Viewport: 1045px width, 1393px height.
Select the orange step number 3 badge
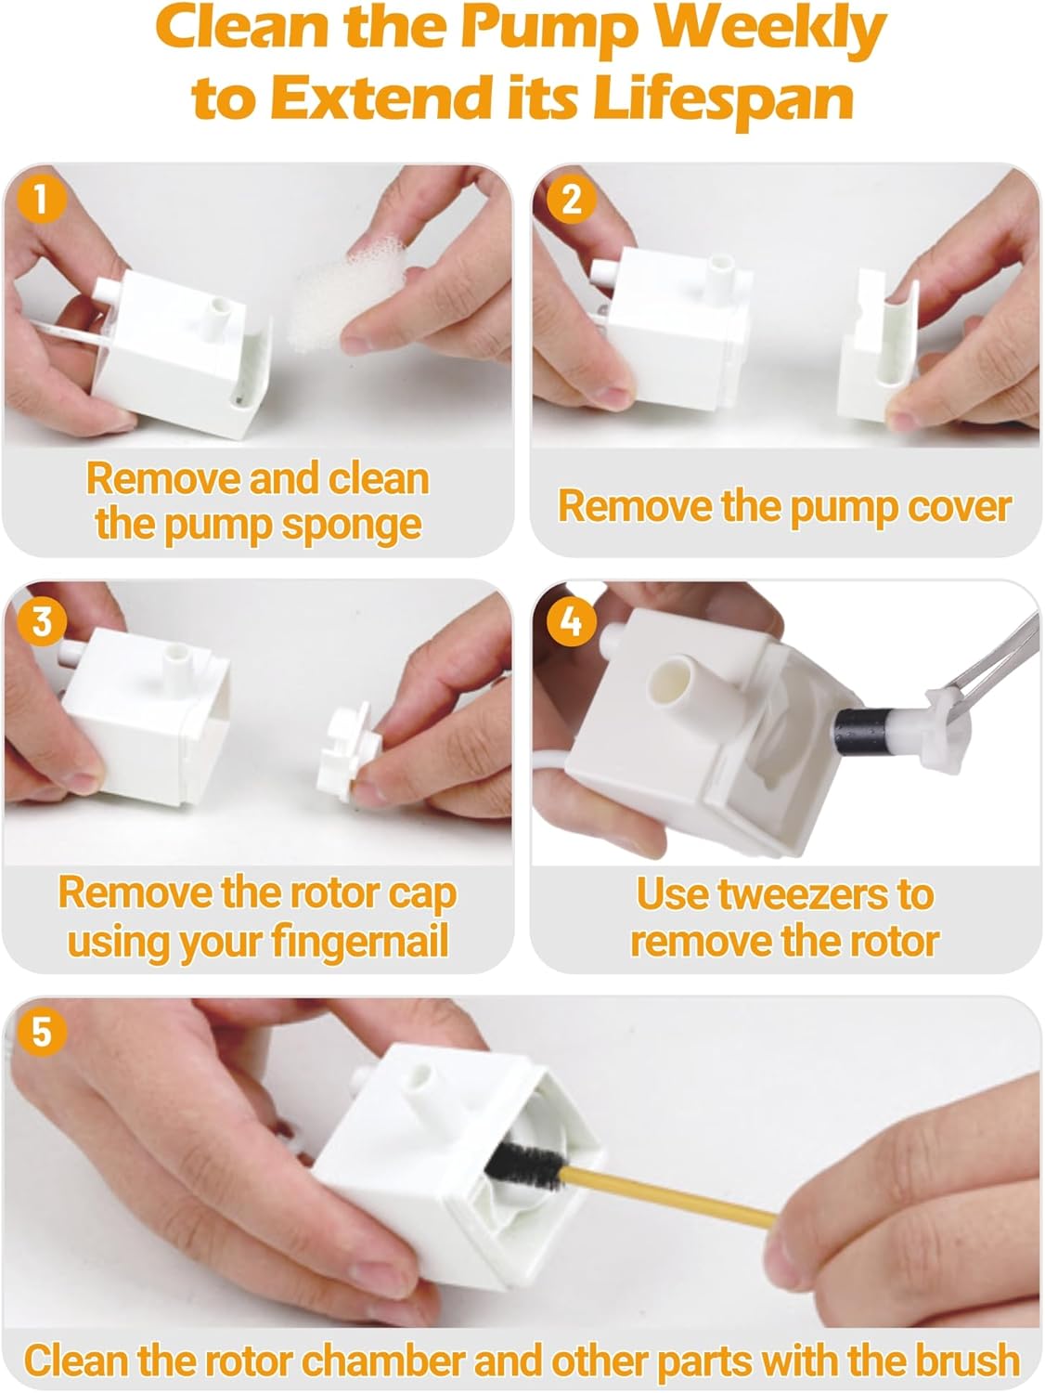click(x=41, y=620)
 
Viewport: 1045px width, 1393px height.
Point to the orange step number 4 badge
click(x=572, y=620)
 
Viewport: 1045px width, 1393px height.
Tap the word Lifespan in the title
click(x=722, y=98)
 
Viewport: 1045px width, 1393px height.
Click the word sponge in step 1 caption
click(x=351, y=526)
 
